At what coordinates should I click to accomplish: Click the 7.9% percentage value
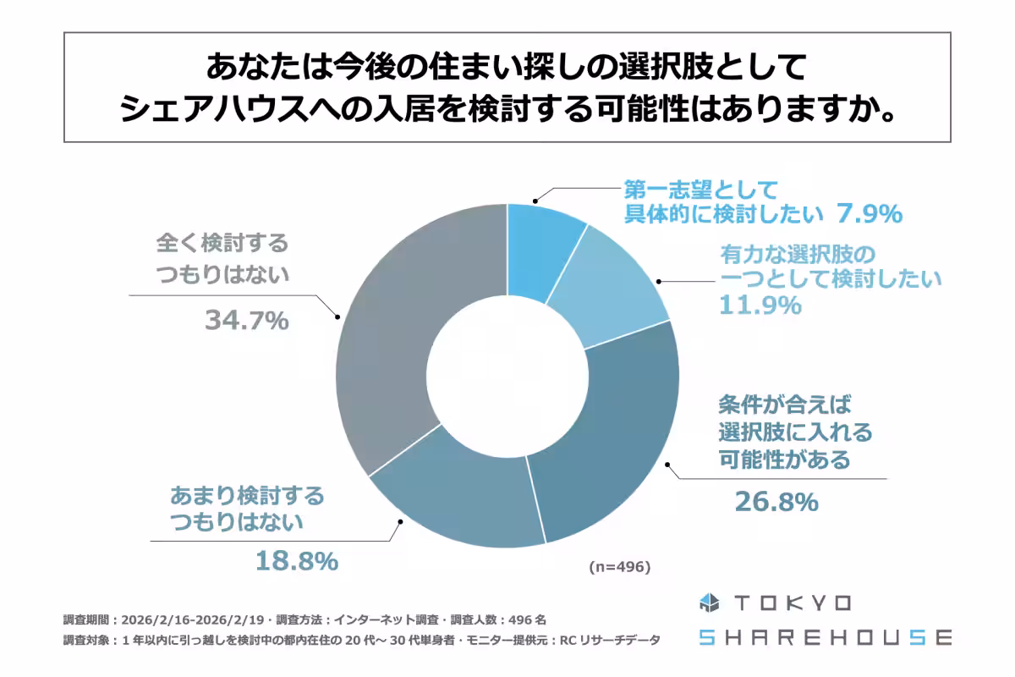point(870,215)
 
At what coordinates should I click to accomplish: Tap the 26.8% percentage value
point(776,502)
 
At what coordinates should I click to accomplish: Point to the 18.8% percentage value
point(297,560)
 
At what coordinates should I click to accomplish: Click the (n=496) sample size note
point(619,567)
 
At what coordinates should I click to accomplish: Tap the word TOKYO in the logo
point(793,603)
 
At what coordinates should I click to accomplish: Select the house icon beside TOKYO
point(708,603)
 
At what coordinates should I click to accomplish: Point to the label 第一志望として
point(700,189)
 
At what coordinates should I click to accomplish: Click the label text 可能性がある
point(784,460)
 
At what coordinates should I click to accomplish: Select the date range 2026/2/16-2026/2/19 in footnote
point(196,619)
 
